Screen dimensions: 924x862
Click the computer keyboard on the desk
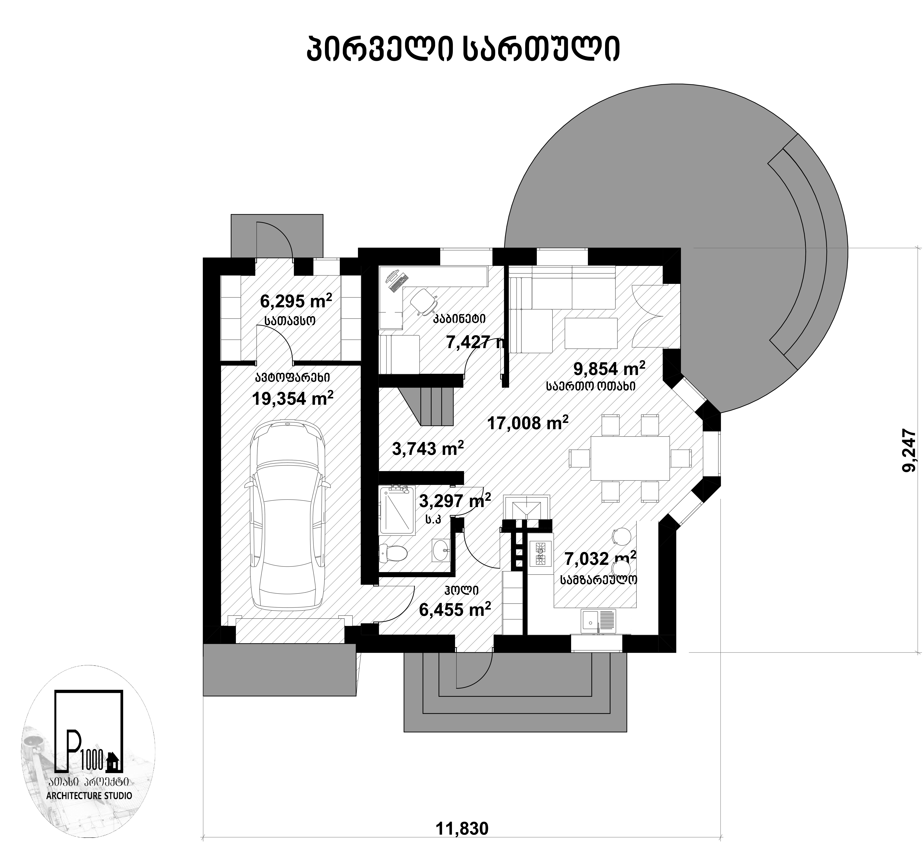[x=398, y=283]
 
